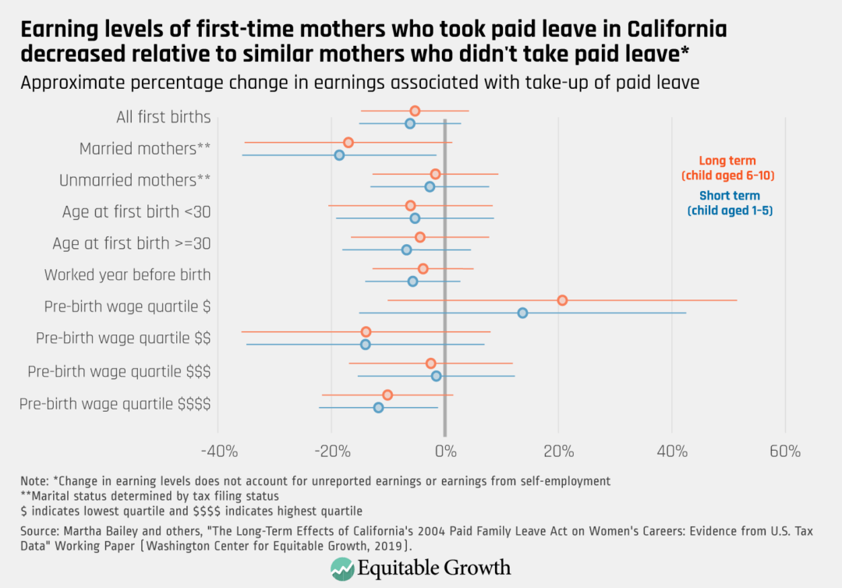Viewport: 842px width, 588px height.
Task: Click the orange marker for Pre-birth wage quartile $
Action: [x=562, y=300]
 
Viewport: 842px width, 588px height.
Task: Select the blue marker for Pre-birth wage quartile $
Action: [x=522, y=313]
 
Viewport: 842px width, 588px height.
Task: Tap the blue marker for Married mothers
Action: [x=339, y=155]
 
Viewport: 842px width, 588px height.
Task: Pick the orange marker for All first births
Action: [x=415, y=111]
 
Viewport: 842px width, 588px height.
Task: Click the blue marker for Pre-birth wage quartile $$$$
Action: [x=378, y=407]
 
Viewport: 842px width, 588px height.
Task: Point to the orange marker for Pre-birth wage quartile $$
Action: [x=366, y=332]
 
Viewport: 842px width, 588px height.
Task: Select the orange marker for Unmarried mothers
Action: [x=436, y=174]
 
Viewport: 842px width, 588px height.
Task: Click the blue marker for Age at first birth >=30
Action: [x=406, y=250]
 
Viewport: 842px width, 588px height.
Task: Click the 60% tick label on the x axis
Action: [x=784, y=452]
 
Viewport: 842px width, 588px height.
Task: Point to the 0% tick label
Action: [x=444, y=452]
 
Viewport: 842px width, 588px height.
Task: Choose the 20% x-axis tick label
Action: [x=558, y=452]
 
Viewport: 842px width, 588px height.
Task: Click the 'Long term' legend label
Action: [x=727, y=160]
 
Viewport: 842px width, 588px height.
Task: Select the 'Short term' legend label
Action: [x=730, y=196]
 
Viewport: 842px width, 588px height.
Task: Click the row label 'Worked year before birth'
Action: [x=127, y=275]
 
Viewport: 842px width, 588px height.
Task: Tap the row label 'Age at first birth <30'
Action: [x=136, y=212]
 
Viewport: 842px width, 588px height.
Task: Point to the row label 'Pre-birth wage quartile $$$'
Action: [x=119, y=371]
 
